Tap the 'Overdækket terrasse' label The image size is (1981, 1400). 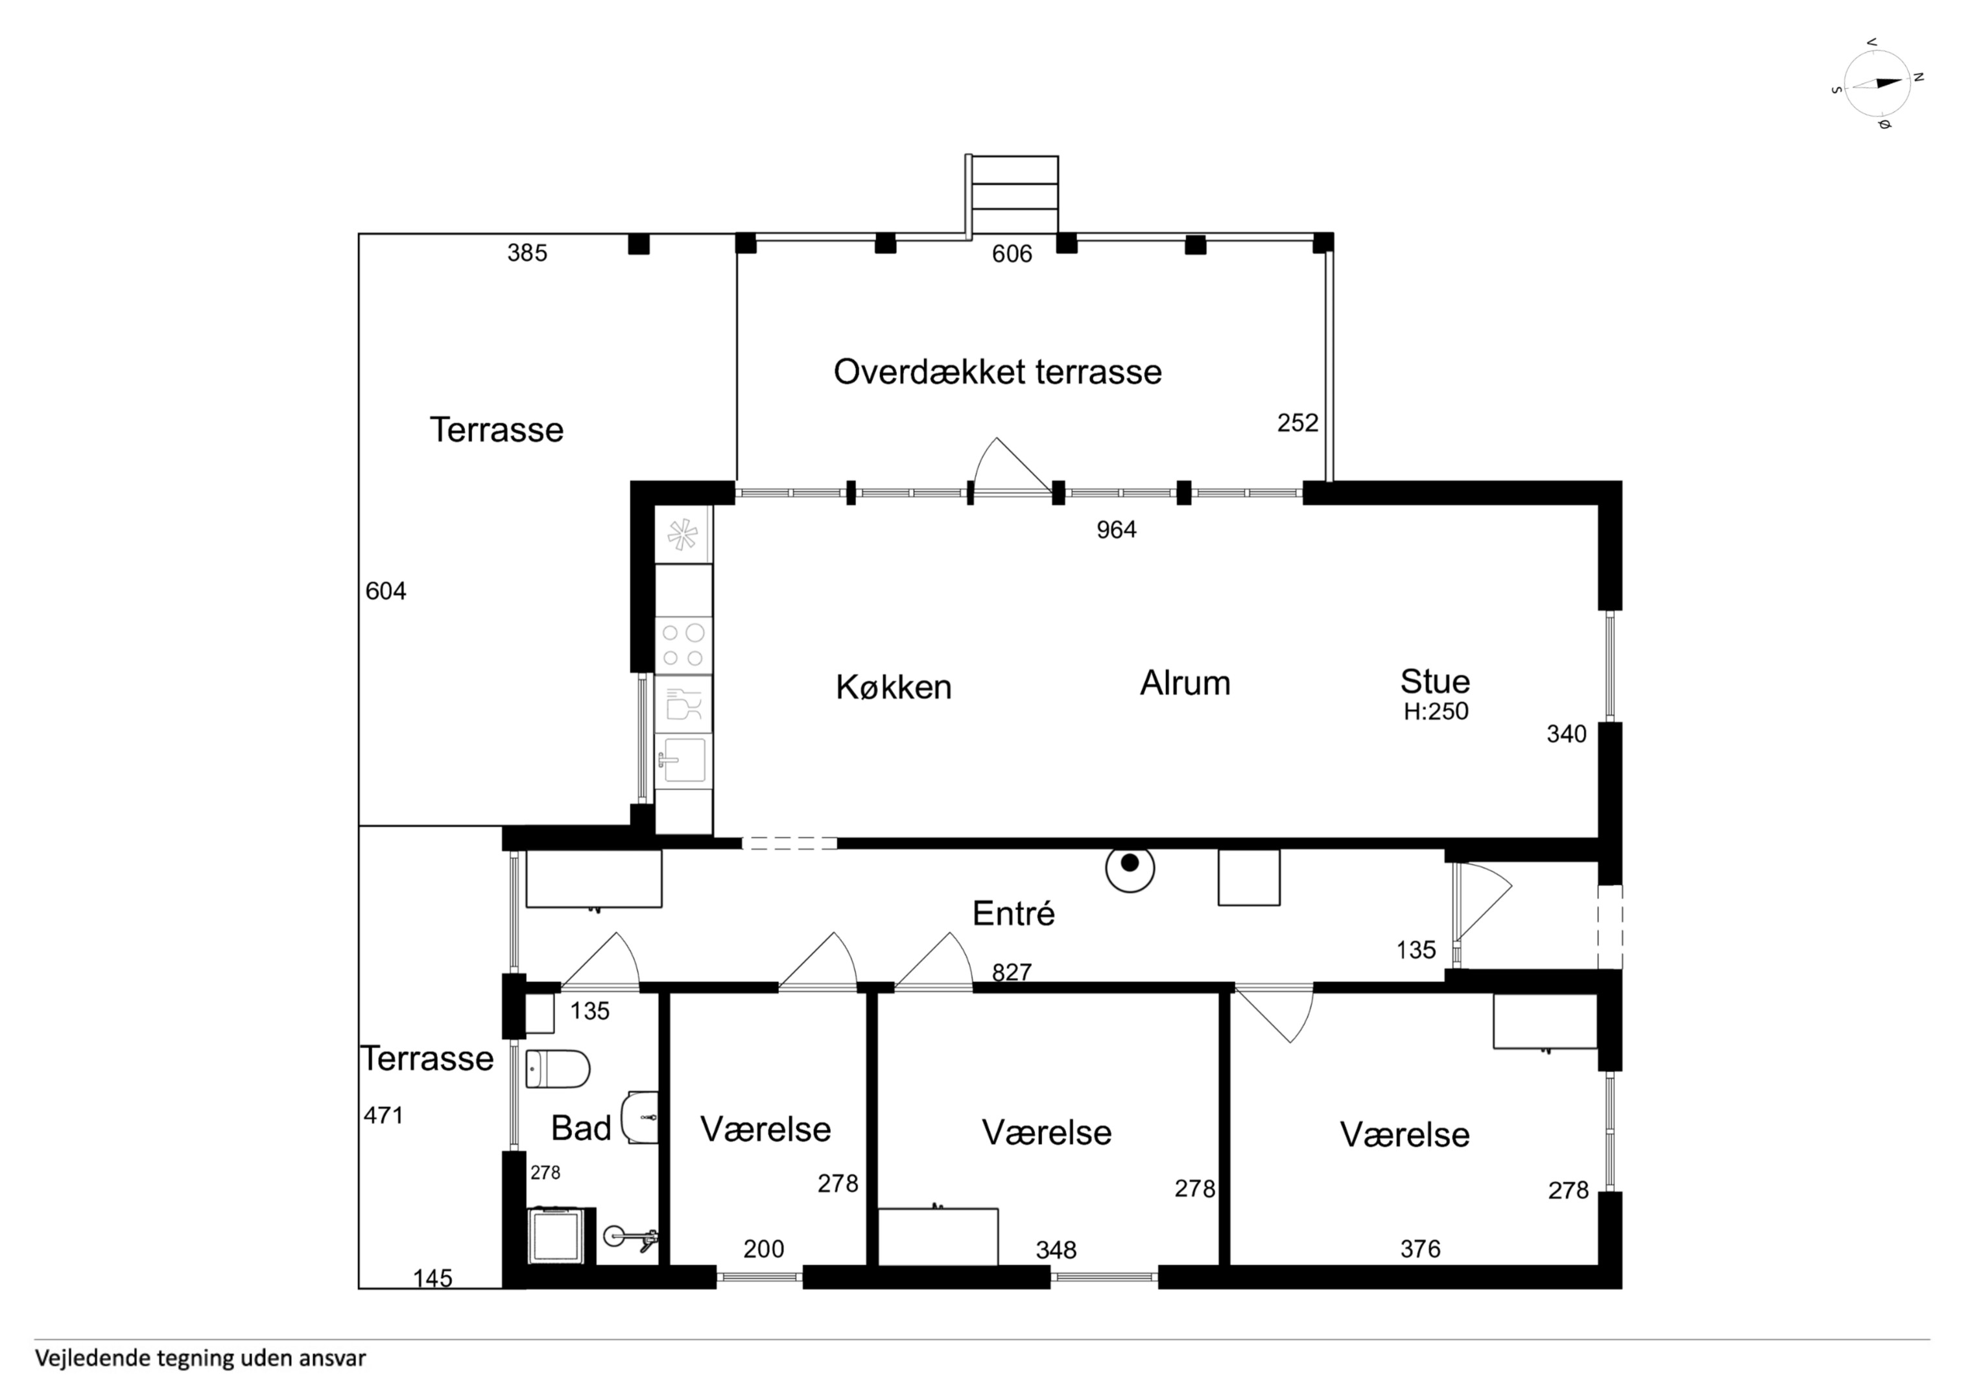(x=997, y=372)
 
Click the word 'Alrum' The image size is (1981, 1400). (x=1185, y=682)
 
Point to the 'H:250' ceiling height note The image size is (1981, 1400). (x=1436, y=712)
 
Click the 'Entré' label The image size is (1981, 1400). (x=1013, y=913)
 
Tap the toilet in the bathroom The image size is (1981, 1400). (x=558, y=1069)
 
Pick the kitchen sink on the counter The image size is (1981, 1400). (x=683, y=759)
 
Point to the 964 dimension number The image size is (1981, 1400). (x=1117, y=530)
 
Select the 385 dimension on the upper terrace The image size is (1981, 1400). (x=527, y=253)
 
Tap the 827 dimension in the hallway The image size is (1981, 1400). (x=1012, y=972)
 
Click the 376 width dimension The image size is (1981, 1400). (x=1420, y=1248)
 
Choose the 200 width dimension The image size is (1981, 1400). (x=764, y=1248)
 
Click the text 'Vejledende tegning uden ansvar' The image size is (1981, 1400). (x=200, y=1359)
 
